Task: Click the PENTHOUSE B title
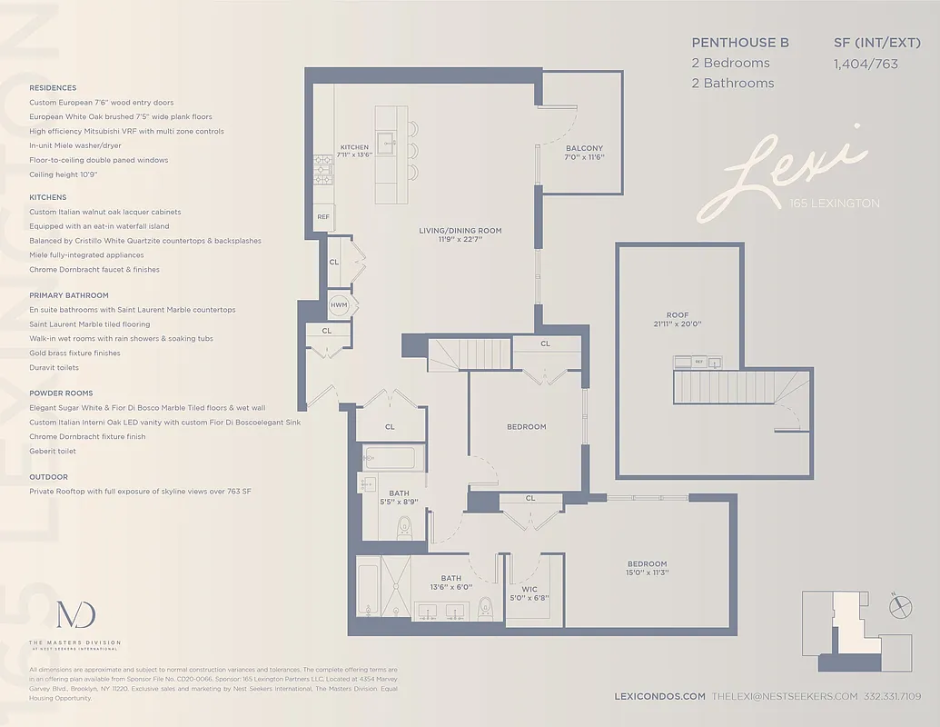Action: click(740, 43)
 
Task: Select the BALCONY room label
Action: click(584, 153)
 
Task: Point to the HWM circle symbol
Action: click(339, 305)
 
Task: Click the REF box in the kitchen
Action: click(323, 217)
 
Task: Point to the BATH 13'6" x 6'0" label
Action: click(451, 583)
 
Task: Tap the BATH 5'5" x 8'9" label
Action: click(400, 498)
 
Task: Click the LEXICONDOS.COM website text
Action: click(660, 696)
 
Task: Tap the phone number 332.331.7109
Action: click(893, 696)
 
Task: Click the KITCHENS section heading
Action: click(47, 197)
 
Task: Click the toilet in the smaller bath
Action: click(405, 527)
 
